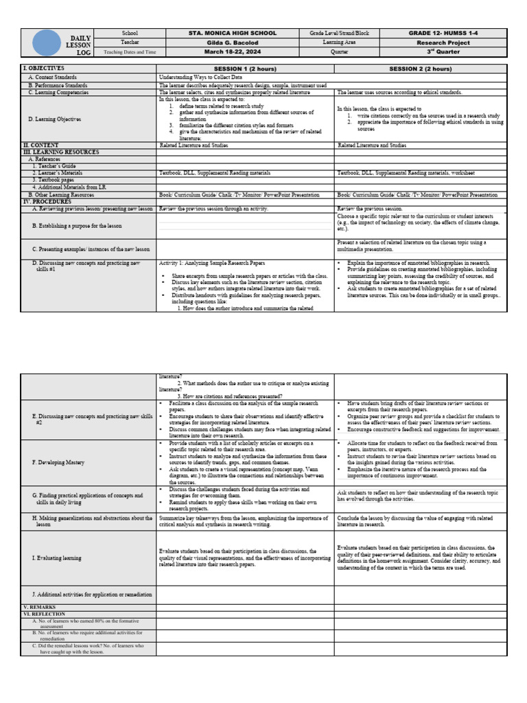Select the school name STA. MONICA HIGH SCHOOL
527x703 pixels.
pyautogui.click(x=233, y=33)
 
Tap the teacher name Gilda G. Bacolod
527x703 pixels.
pyautogui.click(x=233, y=43)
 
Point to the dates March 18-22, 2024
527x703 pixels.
pyautogui.click(x=233, y=51)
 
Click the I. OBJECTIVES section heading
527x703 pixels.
pyautogui.click(x=44, y=69)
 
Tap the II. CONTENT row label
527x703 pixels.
pyautogui.click(x=41, y=146)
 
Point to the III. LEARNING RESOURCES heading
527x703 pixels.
pyautogui.click(x=61, y=152)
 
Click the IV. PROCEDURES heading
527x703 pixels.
pyautogui.click(x=47, y=202)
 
